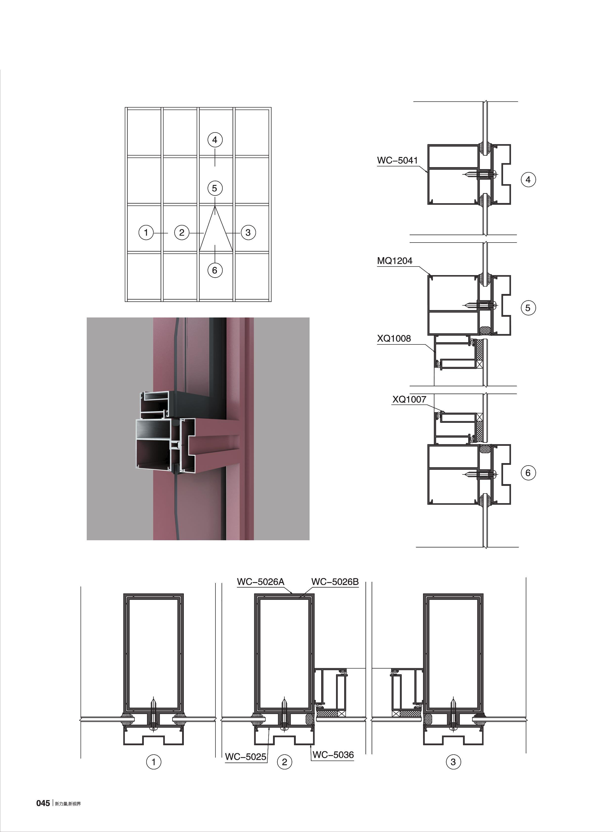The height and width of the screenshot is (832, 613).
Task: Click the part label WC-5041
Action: click(397, 160)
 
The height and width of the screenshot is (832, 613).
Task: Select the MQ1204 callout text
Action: click(394, 261)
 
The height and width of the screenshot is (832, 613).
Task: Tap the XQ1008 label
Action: click(394, 338)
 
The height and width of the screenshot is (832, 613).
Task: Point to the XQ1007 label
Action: click(409, 400)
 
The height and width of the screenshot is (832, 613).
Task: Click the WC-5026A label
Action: click(260, 582)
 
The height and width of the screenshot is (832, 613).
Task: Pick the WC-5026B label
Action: click(335, 582)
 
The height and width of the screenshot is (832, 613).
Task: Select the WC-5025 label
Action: click(245, 757)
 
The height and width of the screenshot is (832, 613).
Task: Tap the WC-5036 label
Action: click(333, 755)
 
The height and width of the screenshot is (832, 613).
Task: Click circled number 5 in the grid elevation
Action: click(214, 188)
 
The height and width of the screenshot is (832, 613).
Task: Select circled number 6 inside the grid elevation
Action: click(214, 270)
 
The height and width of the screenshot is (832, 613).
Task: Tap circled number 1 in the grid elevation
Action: click(146, 233)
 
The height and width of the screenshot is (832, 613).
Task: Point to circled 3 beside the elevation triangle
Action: click(248, 233)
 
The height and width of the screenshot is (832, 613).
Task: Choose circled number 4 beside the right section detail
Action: click(528, 180)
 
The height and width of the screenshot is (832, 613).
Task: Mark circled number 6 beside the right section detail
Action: click(528, 473)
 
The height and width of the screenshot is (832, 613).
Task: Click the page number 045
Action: click(43, 803)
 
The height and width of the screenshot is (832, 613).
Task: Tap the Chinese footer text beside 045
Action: click(67, 804)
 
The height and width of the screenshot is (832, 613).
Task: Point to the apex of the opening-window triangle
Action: click(215, 207)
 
